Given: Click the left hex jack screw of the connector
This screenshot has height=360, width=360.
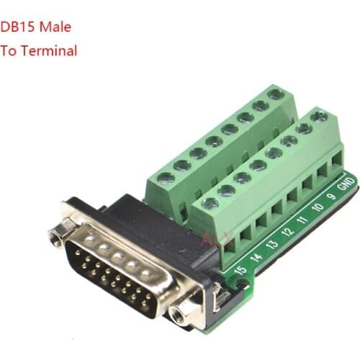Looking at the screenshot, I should coord(54,235).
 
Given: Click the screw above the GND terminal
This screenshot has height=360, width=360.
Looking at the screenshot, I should coord(319,117).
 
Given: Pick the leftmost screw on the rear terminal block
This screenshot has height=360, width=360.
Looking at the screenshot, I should coord(166,178).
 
